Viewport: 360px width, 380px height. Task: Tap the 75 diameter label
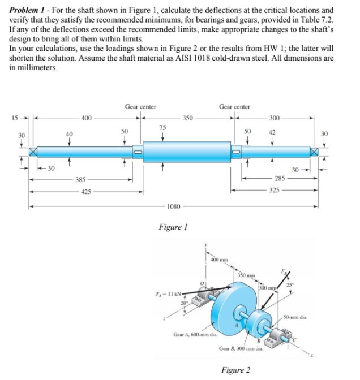tap(162, 127)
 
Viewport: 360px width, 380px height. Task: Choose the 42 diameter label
tap(272, 131)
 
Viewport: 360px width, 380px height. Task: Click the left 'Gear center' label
tap(140, 106)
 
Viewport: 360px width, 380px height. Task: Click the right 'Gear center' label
tap(234, 106)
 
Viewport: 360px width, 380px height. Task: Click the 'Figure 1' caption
tap(174, 227)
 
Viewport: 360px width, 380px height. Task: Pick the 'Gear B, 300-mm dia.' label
tap(240, 348)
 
